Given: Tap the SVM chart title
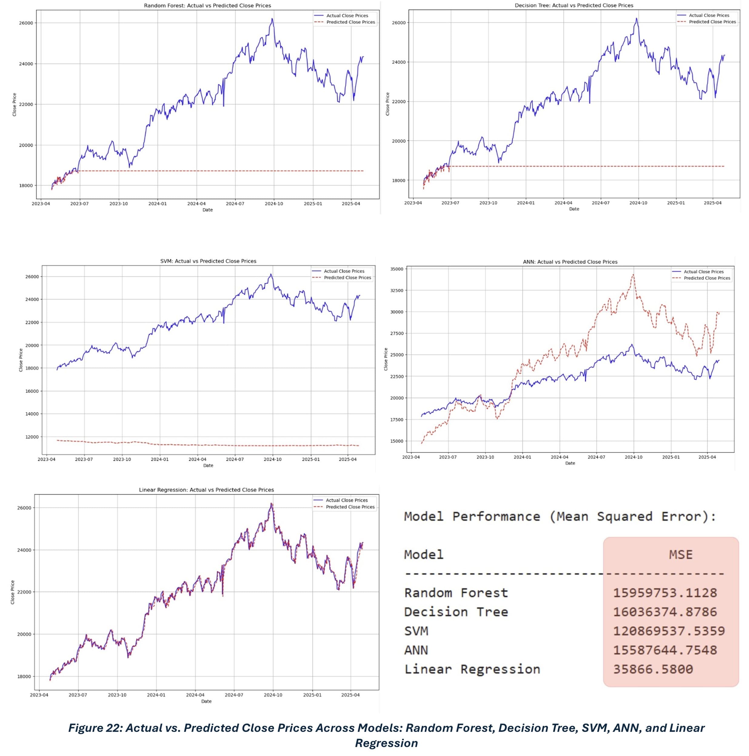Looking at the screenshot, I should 208,261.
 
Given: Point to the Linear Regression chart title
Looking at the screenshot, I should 206,490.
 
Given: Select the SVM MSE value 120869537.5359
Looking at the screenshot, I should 668,631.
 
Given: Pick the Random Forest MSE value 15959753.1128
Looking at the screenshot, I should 664,593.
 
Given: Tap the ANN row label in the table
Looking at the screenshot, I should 416,650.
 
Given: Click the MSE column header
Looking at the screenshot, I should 680,555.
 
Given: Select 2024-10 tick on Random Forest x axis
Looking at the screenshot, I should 273,204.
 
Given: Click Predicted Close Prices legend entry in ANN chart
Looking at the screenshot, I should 706,278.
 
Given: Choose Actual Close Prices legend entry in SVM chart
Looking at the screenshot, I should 343,271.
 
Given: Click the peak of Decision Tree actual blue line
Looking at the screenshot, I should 636,18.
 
